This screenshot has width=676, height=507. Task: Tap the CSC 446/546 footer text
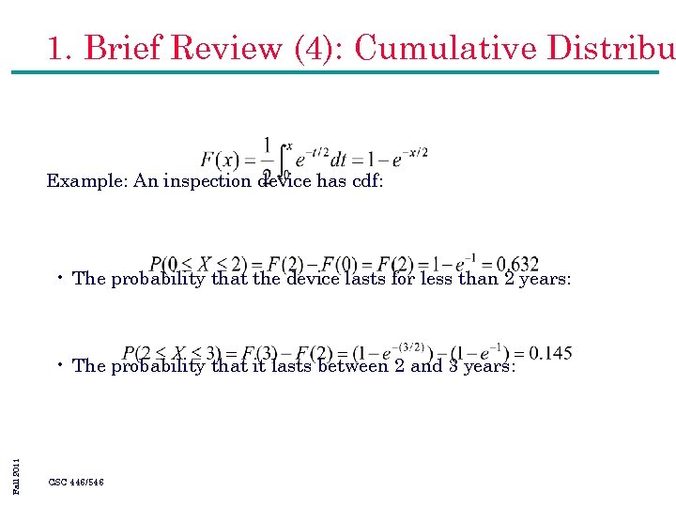(x=76, y=482)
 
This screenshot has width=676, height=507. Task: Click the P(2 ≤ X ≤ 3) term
(x=172, y=354)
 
